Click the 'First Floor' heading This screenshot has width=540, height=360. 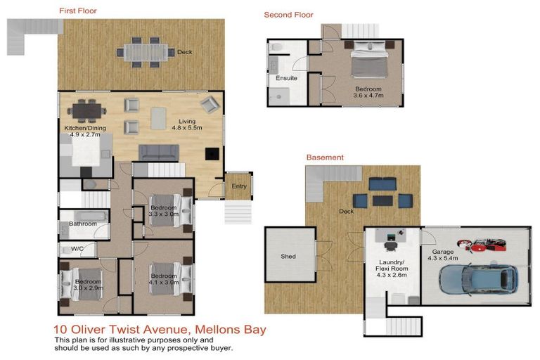[x=77, y=11]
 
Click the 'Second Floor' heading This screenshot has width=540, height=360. [x=288, y=15]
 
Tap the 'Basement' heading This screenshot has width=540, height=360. [x=324, y=157]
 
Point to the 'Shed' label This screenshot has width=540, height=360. [x=288, y=257]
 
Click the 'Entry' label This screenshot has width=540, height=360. [x=239, y=186]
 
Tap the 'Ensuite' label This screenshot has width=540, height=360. [x=286, y=78]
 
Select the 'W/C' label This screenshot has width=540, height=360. [x=77, y=249]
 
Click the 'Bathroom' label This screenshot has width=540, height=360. [x=82, y=224]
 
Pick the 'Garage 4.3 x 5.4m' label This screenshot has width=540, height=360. [x=442, y=255]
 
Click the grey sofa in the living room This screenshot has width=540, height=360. [x=158, y=153]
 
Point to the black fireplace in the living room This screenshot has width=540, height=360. [x=211, y=155]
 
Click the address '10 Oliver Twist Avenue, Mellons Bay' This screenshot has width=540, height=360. [x=160, y=329]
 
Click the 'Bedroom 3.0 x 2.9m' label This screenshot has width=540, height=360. [x=89, y=285]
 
